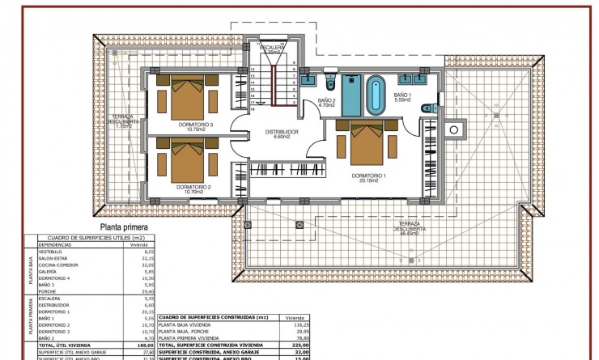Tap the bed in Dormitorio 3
coord(191,96)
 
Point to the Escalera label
coord(272,49)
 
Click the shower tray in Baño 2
coord(350,95)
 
